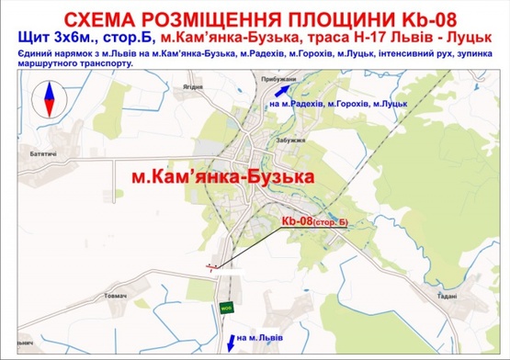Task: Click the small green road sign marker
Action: pos(223,308)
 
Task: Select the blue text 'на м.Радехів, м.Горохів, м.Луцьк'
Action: pos(339,105)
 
